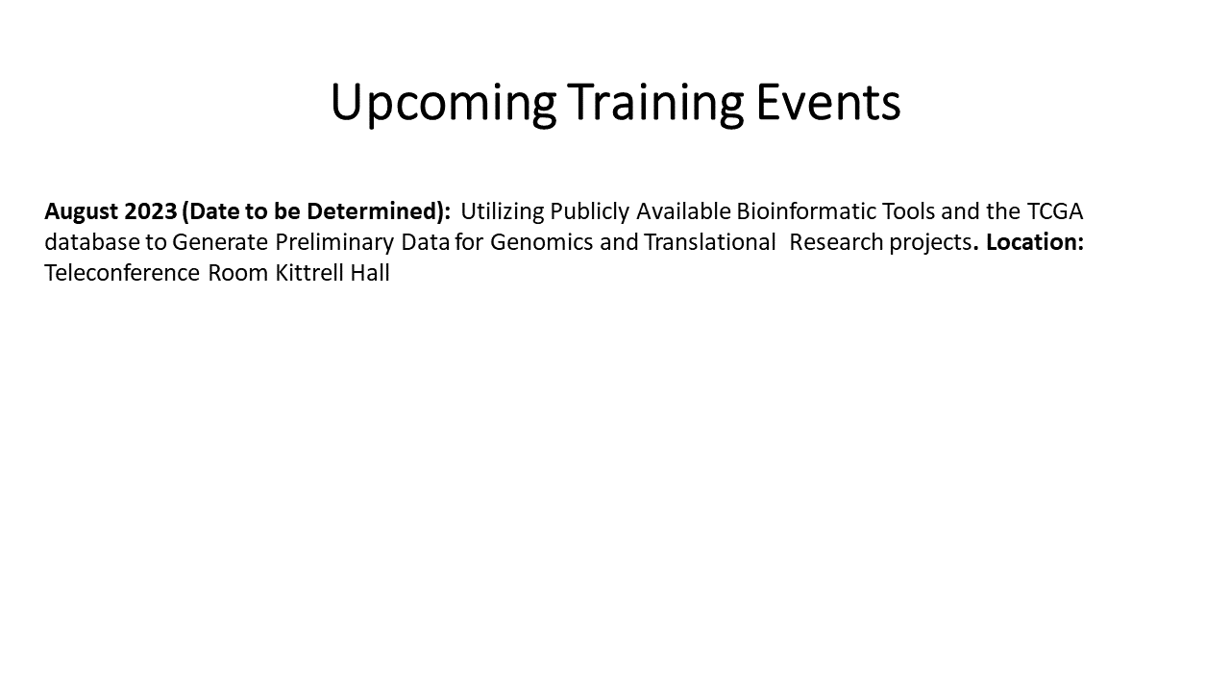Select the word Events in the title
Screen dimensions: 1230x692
point(828,102)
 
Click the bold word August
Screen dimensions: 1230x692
point(82,212)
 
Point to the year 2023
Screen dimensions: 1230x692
point(151,211)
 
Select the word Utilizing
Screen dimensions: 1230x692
point(503,212)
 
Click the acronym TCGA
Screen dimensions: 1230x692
point(1055,211)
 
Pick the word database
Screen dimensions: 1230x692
point(92,242)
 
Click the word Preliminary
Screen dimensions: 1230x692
point(334,243)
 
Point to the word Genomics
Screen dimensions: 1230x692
point(541,242)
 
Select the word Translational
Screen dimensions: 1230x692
point(709,242)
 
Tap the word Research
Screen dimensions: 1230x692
point(836,242)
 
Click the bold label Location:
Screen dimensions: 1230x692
point(1035,242)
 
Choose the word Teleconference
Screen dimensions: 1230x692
point(122,273)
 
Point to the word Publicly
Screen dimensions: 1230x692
point(590,212)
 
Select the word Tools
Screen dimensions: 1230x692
point(908,211)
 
